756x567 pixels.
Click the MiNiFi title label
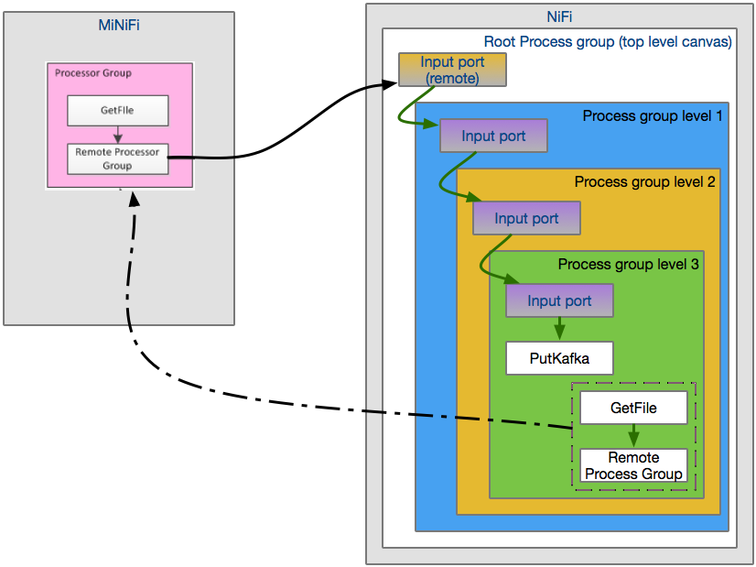point(119,25)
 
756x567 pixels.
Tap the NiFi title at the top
point(559,16)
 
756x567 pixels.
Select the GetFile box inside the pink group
point(118,111)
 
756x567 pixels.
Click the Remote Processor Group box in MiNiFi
point(118,159)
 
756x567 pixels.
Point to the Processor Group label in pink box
point(93,73)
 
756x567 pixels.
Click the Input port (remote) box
point(452,70)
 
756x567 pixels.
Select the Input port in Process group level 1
point(493,136)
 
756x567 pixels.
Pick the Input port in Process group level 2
point(526,218)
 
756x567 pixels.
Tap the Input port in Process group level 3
point(559,300)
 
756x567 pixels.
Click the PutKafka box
point(559,358)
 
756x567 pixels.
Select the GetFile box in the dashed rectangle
point(633,408)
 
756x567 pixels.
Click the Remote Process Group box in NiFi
point(633,465)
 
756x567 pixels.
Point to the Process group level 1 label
point(653,116)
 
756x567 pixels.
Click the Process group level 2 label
point(644,181)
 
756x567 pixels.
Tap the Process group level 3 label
point(628,264)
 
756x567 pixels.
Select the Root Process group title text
point(608,41)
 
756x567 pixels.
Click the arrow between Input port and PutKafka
point(559,330)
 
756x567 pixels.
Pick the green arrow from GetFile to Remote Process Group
point(633,436)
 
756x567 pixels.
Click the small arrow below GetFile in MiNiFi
point(118,135)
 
